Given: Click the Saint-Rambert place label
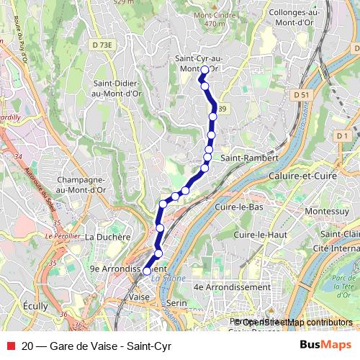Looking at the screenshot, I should [245, 158].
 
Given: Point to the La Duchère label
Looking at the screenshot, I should [107, 235].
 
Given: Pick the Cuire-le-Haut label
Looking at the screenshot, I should [266, 235].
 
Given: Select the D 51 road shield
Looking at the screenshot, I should [301, 94].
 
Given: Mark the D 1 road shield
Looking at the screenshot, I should [341, 135].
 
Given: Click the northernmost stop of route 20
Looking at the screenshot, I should [204, 70].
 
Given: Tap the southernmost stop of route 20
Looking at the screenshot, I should [147, 271].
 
